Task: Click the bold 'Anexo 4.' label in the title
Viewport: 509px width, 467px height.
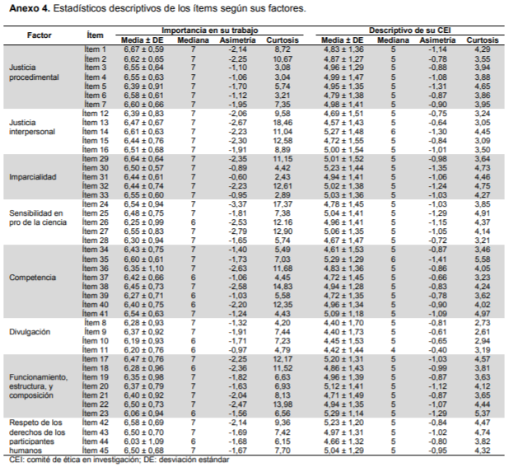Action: click(x=30, y=8)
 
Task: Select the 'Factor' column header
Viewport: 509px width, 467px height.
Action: click(x=40, y=35)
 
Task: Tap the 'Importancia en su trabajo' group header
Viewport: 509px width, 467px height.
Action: click(x=210, y=30)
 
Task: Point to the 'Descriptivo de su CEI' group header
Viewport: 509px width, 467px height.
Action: click(x=409, y=30)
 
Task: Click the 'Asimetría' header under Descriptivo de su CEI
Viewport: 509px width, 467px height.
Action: click(x=437, y=40)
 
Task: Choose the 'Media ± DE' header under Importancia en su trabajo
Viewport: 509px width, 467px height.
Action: click(x=142, y=40)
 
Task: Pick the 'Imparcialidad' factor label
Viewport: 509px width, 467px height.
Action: click(x=33, y=177)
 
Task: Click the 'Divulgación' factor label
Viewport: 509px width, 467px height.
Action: click(x=30, y=332)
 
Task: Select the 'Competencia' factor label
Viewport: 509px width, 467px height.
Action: click(x=32, y=278)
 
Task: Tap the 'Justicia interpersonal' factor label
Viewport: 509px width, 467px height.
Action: click(x=32, y=127)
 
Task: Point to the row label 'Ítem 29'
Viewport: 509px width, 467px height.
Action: click(x=96, y=159)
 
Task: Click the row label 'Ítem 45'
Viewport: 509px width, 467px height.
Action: click(x=96, y=451)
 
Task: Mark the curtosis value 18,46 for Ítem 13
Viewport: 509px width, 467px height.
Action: click(x=283, y=123)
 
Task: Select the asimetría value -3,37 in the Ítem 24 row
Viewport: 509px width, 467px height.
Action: click(x=237, y=204)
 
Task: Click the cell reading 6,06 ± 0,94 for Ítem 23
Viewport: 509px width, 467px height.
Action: click(x=143, y=413)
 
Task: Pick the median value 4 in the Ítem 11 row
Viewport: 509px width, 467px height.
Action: click(x=393, y=350)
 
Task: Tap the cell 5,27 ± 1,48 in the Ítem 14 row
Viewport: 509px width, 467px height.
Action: click(x=343, y=132)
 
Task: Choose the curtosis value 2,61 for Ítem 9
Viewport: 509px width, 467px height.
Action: click(x=483, y=332)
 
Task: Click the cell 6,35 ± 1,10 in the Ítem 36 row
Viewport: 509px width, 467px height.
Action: click(x=143, y=269)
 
